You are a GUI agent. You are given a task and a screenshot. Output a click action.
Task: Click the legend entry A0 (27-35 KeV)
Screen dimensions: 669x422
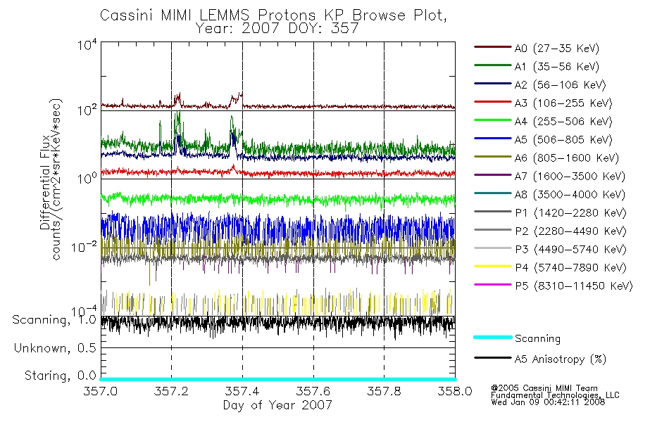tap(537, 48)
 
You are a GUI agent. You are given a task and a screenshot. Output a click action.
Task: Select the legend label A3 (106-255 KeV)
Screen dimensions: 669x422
tap(563, 103)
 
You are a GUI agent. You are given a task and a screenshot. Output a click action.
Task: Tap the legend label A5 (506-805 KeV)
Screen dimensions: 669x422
tap(563, 140)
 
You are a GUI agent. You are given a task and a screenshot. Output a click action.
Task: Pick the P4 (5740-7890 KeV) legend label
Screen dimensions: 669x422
tap(570, 268)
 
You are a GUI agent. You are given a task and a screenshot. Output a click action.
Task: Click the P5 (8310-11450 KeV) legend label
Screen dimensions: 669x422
tap(574, 286)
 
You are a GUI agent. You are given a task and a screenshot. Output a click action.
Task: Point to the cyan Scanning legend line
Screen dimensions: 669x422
tap(493, 337)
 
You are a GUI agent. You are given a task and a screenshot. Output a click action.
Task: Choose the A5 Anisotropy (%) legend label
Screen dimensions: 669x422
tap(561, 359)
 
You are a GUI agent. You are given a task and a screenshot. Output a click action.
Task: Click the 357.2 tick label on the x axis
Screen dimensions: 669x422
tap(171, 391)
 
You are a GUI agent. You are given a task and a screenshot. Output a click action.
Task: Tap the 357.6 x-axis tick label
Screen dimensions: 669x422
tap(313, 391)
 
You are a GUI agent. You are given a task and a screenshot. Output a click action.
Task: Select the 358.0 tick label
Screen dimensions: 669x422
tap(455, 391)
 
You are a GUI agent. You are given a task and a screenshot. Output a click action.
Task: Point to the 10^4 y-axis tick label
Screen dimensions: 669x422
tap(87, 44)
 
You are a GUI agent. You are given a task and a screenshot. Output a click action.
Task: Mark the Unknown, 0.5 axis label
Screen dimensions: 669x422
tap(55, 348)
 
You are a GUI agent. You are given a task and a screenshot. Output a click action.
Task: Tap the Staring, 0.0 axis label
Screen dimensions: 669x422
tap(60, 376)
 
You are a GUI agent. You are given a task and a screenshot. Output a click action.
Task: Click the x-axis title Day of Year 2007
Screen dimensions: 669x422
tap(277, 405)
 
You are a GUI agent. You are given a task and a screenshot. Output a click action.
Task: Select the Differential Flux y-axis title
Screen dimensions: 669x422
tap(45, 184)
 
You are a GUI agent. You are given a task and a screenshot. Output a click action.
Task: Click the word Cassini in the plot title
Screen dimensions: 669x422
tap(127, 15)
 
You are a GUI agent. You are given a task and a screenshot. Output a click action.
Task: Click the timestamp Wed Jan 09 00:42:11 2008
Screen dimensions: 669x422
tap(548, 402)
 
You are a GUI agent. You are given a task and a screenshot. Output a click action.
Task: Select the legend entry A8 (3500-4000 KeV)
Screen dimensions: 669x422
tap(549, 194)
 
